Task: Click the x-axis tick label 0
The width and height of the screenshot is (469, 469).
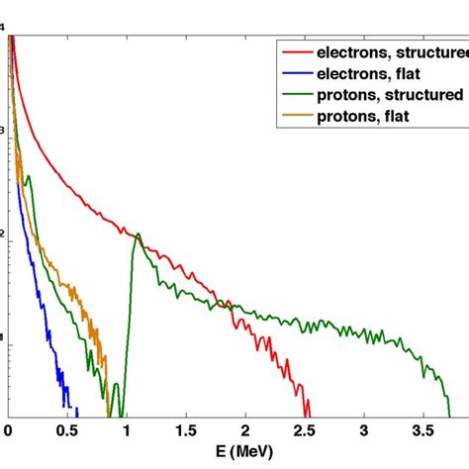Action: pos(8,432)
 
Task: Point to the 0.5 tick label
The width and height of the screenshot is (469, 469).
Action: pos(66,432)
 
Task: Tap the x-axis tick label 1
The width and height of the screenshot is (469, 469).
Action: pos(126,432)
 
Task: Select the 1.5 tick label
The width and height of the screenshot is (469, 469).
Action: pos(185,432)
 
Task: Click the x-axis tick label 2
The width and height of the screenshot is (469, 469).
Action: pos(244,432)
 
